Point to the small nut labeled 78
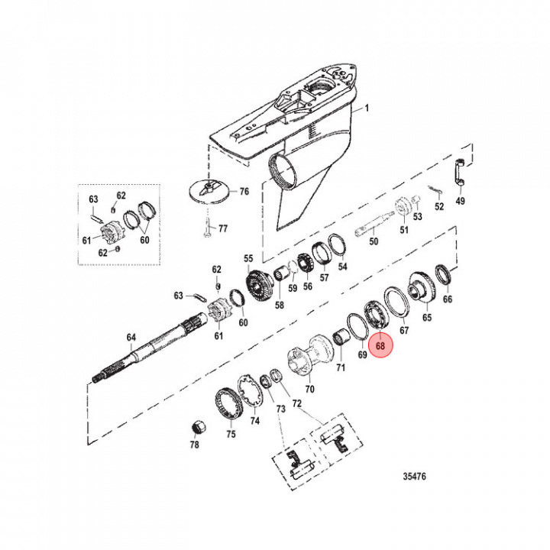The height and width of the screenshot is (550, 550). (195, 425)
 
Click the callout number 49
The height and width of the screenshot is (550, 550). (460, 201)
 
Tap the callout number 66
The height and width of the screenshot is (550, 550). (448, 299)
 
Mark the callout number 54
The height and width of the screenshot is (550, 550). (342, 267)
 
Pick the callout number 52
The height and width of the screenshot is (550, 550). (438, 206)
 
